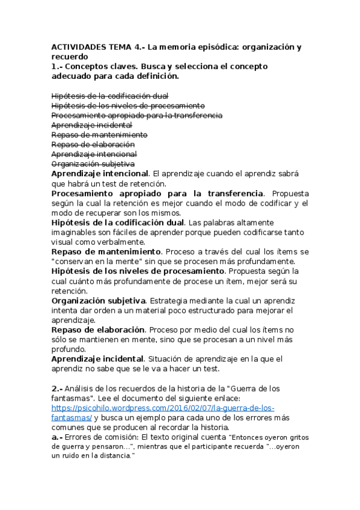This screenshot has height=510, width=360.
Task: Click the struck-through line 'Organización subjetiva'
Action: click(x=93, y=164)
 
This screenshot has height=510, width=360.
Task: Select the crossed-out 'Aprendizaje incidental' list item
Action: click(x=91, y=125)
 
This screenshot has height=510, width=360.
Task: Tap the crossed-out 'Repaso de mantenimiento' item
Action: click(x=99, y=135)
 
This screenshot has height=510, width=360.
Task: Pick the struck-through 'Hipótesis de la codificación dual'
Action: click(x=109, y=96)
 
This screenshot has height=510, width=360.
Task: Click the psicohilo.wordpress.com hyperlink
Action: click(x=162, y=408)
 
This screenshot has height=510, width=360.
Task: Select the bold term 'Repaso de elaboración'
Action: click(x=98, y=330)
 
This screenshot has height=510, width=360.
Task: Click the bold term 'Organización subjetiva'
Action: click(x=98, y=300)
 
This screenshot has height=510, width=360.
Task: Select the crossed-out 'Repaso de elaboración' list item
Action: click(x=93, y=144)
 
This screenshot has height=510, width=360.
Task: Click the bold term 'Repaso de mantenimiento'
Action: click(x=106, y=251)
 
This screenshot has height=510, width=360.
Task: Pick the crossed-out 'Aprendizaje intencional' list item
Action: click(x=94, y=154)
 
